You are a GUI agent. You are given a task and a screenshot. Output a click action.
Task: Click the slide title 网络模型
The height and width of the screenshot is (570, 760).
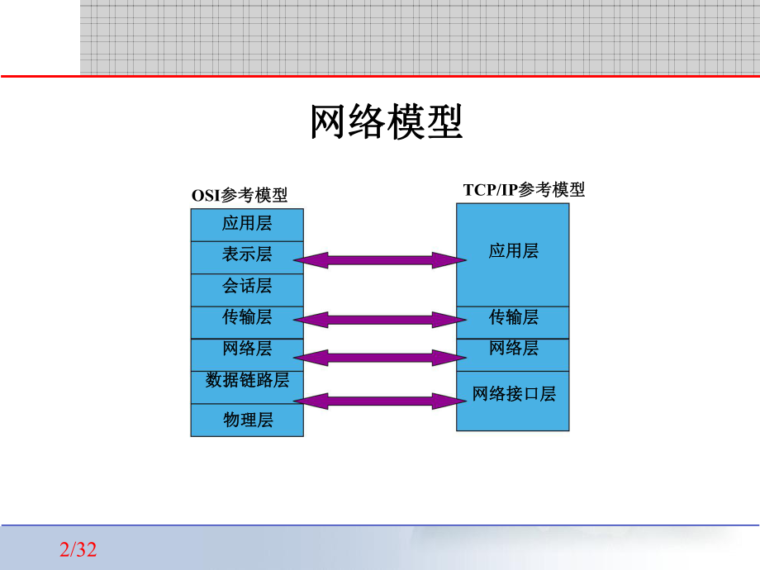386,122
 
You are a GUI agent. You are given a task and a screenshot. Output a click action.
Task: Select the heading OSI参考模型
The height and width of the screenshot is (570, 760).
240,196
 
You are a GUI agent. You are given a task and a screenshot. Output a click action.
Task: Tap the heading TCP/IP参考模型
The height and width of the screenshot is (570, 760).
524,190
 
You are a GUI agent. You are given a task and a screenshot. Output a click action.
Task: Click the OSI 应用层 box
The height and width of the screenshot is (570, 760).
247,224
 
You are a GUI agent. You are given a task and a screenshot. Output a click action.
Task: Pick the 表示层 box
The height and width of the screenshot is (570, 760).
247,254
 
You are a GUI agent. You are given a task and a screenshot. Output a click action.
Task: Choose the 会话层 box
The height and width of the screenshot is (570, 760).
247,287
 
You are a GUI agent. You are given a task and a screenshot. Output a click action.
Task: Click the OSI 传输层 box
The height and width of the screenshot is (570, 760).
247,317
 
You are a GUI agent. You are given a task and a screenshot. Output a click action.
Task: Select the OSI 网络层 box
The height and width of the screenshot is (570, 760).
247,349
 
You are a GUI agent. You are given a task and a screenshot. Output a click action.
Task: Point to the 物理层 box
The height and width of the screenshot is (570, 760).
247,420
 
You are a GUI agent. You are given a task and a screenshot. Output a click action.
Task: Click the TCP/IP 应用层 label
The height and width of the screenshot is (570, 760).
513,251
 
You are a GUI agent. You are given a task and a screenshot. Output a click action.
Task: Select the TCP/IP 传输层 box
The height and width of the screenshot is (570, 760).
513,317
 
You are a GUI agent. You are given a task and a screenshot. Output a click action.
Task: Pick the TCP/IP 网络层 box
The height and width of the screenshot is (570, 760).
513,349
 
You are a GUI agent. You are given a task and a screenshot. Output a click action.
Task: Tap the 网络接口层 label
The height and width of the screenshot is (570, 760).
513,394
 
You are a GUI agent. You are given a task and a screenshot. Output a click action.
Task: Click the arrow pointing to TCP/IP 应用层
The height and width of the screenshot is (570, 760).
380,261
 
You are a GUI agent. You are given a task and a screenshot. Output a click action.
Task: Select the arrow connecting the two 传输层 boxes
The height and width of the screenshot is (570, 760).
380,319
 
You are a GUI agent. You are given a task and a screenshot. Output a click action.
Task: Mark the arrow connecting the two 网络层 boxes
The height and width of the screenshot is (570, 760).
380,358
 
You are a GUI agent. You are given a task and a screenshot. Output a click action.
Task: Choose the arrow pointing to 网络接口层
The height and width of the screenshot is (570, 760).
380,401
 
